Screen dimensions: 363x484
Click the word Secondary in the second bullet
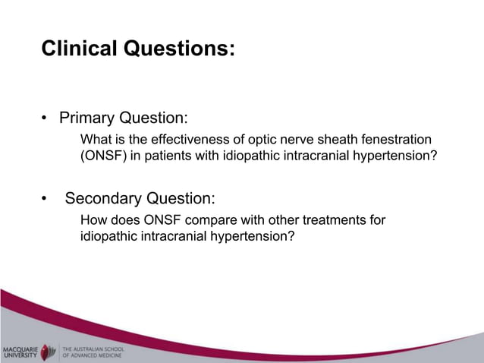(102, 199)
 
